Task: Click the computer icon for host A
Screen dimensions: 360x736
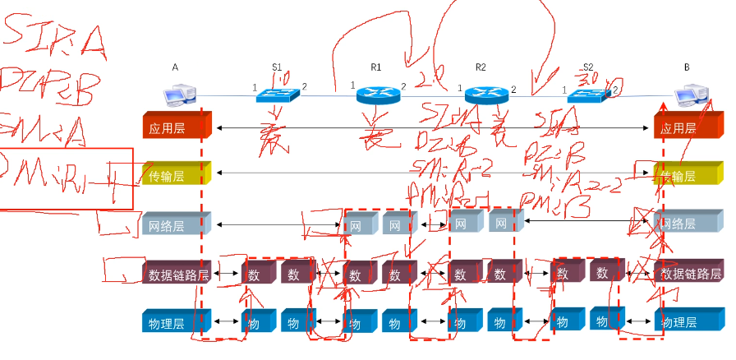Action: point(178,97)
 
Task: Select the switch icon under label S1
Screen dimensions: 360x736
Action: point(277,93)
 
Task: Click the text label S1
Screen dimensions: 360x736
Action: point(277,66)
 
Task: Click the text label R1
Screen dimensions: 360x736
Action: point(376,66)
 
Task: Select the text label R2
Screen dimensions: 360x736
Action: point(481,66)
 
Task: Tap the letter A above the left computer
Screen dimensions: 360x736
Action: point(176,66)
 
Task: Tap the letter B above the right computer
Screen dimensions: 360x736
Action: point(688,66)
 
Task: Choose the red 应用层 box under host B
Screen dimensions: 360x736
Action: point(687,127)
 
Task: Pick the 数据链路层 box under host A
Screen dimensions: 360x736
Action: point(176,272)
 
